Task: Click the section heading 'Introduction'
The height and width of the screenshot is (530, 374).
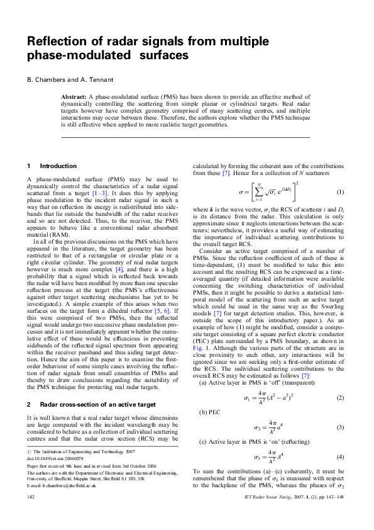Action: [x=58, y=166]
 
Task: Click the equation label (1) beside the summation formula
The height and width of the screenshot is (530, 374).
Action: [x=341, y=191]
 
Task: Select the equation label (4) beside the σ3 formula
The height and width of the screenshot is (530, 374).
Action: [x=341, y=456]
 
